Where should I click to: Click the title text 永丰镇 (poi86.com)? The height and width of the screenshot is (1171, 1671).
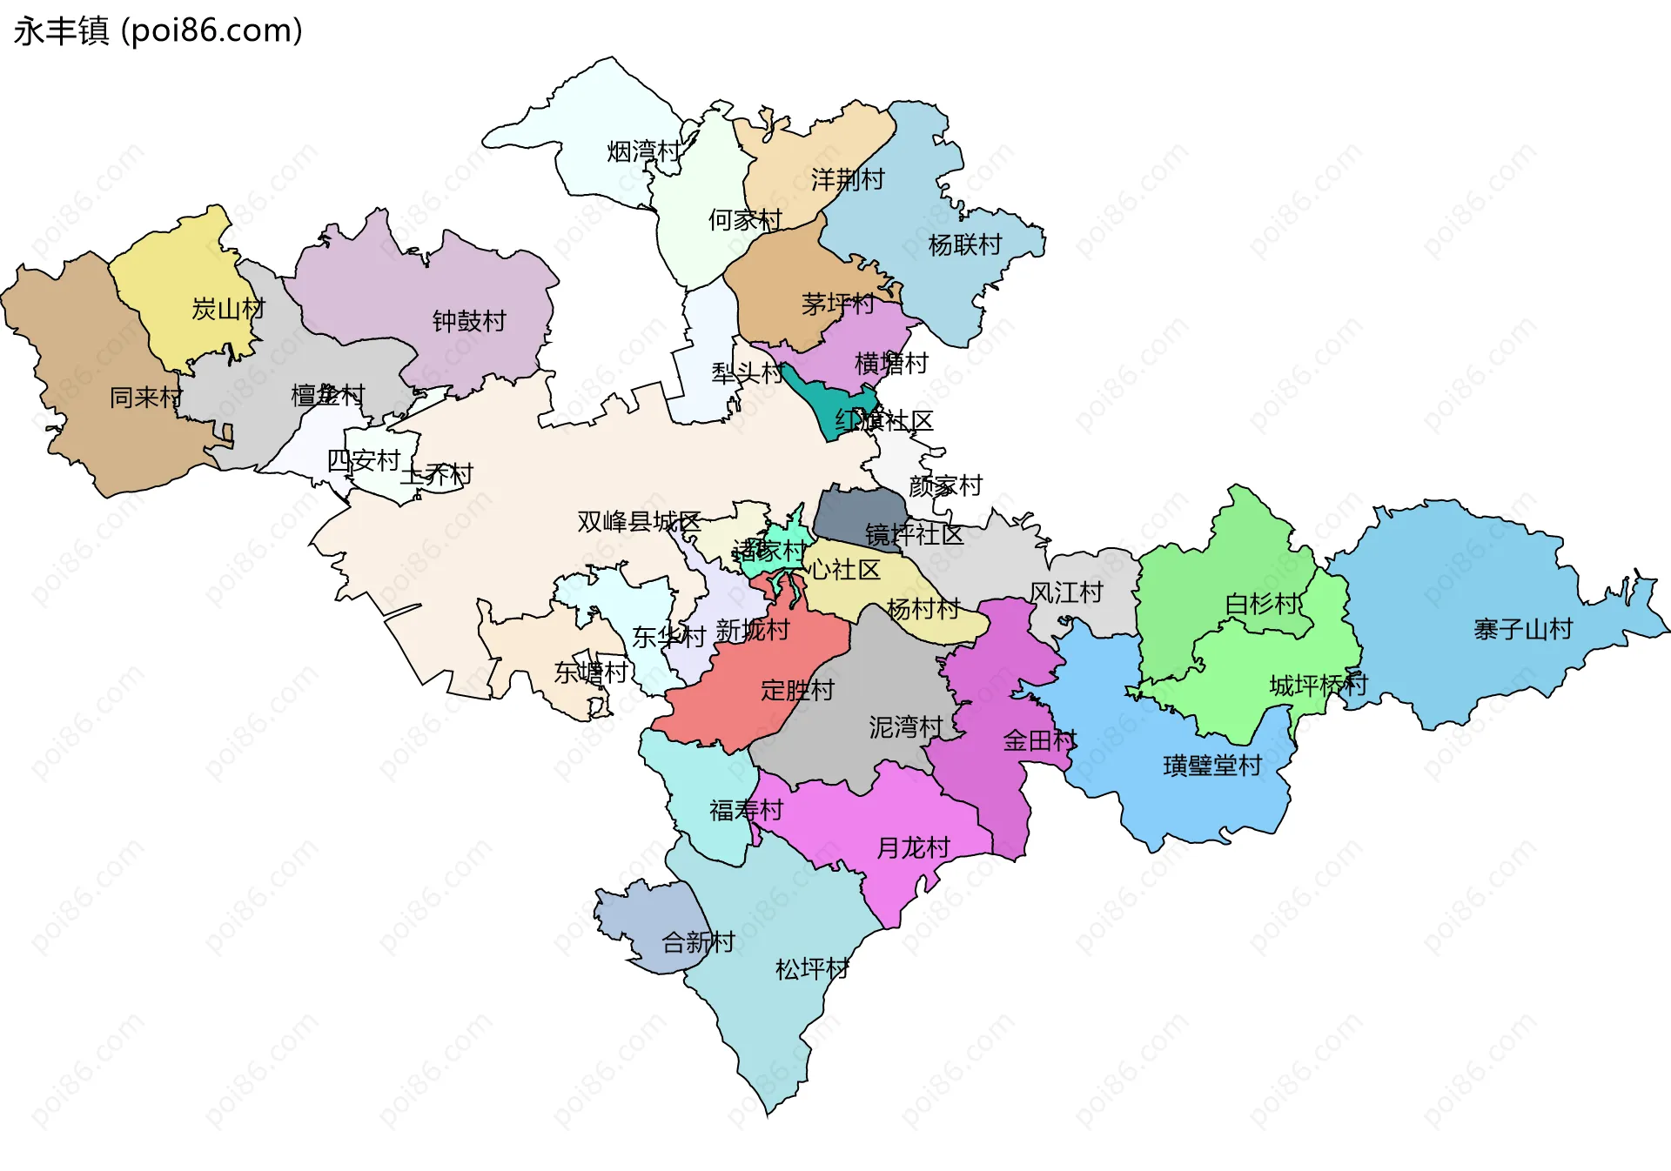158,30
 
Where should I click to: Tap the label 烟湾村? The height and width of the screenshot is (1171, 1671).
643,151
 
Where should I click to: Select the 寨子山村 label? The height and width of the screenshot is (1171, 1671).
1522,628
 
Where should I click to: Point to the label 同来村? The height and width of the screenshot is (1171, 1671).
145,398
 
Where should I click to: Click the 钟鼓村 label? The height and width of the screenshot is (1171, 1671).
468,321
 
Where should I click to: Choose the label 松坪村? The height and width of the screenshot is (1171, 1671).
811,968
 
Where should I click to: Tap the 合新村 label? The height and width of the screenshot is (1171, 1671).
697,941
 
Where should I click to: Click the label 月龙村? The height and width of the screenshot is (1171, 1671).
912,847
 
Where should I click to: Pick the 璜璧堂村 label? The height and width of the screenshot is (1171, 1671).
1211,766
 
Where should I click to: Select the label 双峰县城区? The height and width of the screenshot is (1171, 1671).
638,521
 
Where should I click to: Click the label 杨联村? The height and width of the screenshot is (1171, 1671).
964,245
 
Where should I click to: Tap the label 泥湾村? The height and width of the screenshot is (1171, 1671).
905,726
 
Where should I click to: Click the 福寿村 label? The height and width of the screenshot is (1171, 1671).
746,810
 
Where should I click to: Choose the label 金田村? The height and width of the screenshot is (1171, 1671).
1039,740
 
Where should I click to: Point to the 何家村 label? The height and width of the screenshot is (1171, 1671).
744,220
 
